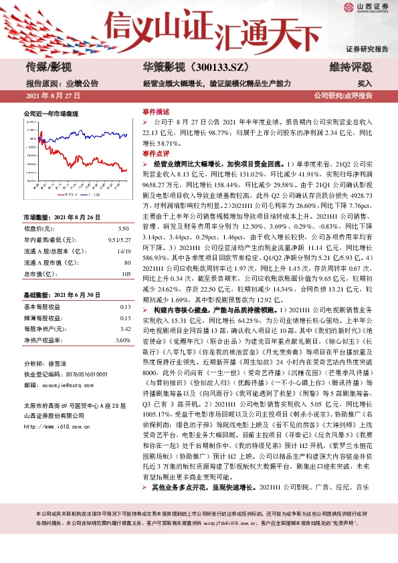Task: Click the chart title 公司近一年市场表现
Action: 51,114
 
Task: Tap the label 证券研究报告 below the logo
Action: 366,49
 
